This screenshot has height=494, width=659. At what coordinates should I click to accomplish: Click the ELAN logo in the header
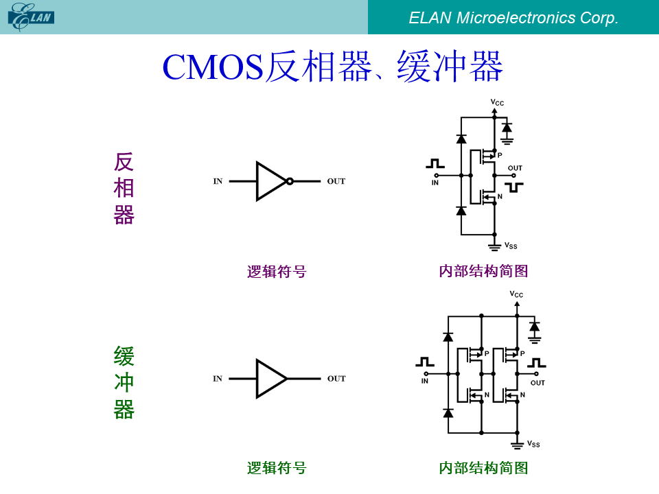[x=31, y=16]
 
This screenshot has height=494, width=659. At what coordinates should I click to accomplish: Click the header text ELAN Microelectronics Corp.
[x=513, y=18]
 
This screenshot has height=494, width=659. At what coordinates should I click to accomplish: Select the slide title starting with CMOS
[x=332, y=67]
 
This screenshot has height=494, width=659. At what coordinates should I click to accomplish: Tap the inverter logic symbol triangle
[x=272, y=181]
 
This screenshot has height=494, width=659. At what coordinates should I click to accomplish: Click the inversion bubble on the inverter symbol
[x=290, y=181]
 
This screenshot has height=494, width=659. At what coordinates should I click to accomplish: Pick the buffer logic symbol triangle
[x=272, y=379]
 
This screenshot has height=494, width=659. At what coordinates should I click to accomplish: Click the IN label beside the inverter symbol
[x=218, y=181]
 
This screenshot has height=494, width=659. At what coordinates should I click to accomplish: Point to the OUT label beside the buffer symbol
[x=336, y=379]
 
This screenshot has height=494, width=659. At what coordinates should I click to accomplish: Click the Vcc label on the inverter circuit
[x=497, y=102]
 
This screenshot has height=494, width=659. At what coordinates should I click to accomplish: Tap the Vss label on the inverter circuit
[x=511, y=246]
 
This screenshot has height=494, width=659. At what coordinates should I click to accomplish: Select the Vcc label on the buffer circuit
[x=516, y=294]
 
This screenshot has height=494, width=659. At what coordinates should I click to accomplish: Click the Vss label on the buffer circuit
[x=533, y=444]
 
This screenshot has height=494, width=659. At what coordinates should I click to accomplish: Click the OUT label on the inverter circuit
[x=515, y=168]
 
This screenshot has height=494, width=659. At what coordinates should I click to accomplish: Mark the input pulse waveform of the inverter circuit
[x=435, y=163]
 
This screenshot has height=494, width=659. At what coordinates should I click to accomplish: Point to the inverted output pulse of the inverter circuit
[x=514, y=187]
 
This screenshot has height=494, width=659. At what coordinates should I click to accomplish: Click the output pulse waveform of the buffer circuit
[x=537, y=362]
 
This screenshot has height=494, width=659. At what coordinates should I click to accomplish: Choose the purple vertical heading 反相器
[x=124, y=188]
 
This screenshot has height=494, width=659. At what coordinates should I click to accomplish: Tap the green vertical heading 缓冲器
[x=124, y=382]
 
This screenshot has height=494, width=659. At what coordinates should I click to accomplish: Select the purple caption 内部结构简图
[x=483, y=271]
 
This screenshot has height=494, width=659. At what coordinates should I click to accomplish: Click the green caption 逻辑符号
[x=277, y=468]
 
